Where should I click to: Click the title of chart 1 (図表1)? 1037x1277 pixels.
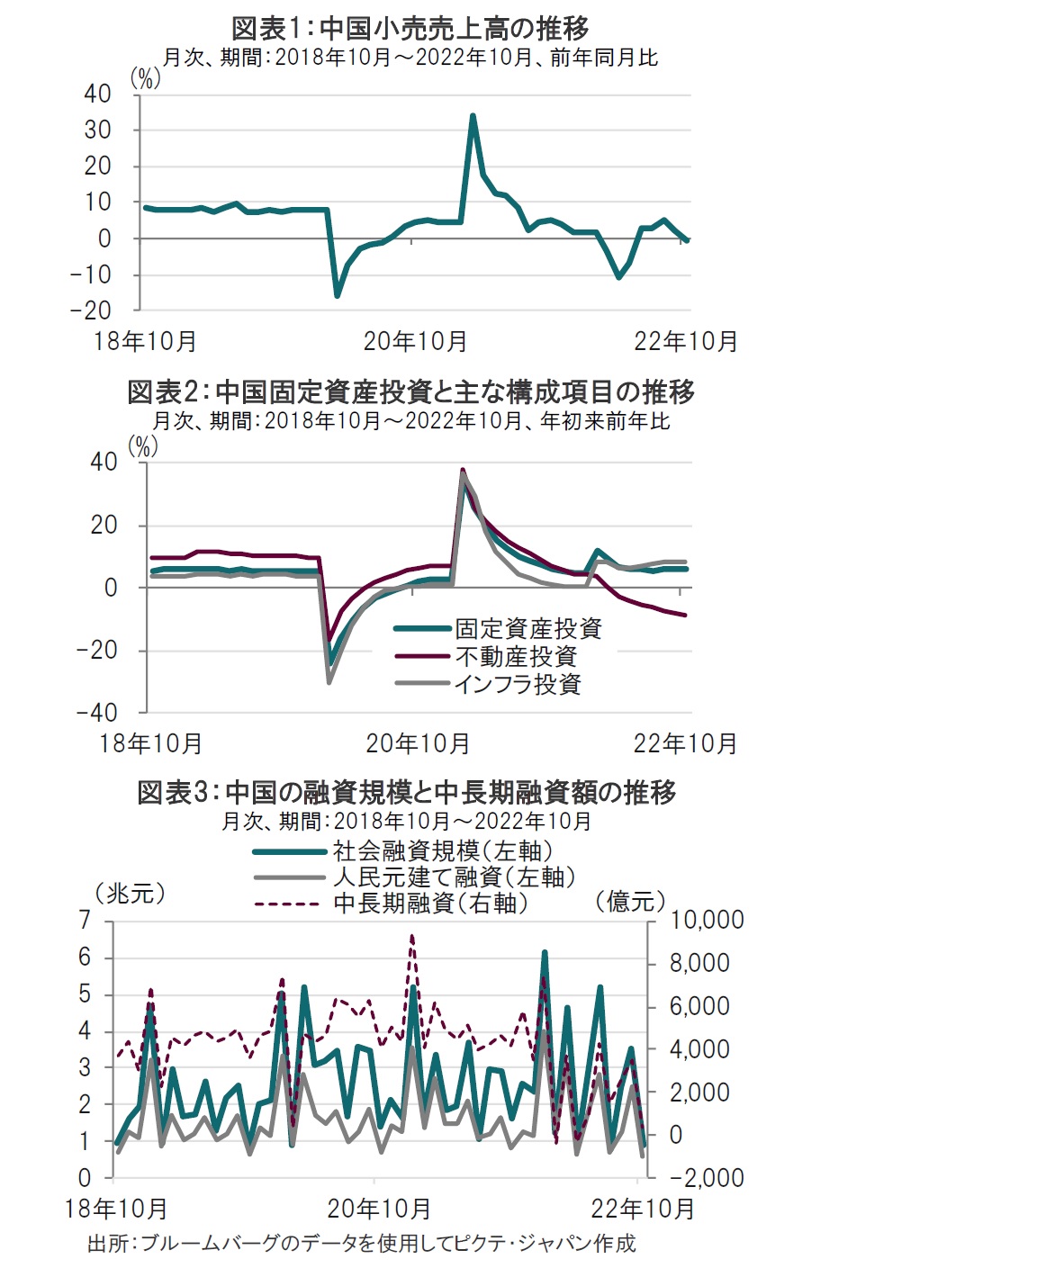(410, 28)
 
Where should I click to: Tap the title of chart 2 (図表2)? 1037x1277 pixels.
(410, 392)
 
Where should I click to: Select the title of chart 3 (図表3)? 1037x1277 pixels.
(407, 792)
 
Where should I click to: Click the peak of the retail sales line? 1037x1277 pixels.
(473, 116)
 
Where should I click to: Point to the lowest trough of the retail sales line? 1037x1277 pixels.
(338, 294)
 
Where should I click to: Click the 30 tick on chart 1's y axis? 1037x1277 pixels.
(98, 130)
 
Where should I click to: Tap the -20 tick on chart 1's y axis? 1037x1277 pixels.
(91, 310)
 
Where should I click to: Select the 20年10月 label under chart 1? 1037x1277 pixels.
(415, 342)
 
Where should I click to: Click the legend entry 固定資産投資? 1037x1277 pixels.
(528, 628)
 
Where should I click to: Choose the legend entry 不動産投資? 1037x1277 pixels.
(515, 656)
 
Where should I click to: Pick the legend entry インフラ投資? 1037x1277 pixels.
(517, 684)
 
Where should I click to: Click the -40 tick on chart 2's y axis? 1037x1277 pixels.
(97, 713)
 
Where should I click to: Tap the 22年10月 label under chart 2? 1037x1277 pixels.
(685, 744)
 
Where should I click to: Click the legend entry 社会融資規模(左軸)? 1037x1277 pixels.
(442, 850)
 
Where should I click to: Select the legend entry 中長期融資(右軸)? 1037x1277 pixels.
(430, 903)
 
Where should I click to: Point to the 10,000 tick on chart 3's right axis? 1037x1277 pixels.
(707, 920)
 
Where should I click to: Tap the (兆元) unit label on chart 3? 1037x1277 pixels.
(131, 893)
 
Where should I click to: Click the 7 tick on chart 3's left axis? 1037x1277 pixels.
(85, 920)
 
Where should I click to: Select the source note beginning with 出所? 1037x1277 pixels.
(361, 1244)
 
